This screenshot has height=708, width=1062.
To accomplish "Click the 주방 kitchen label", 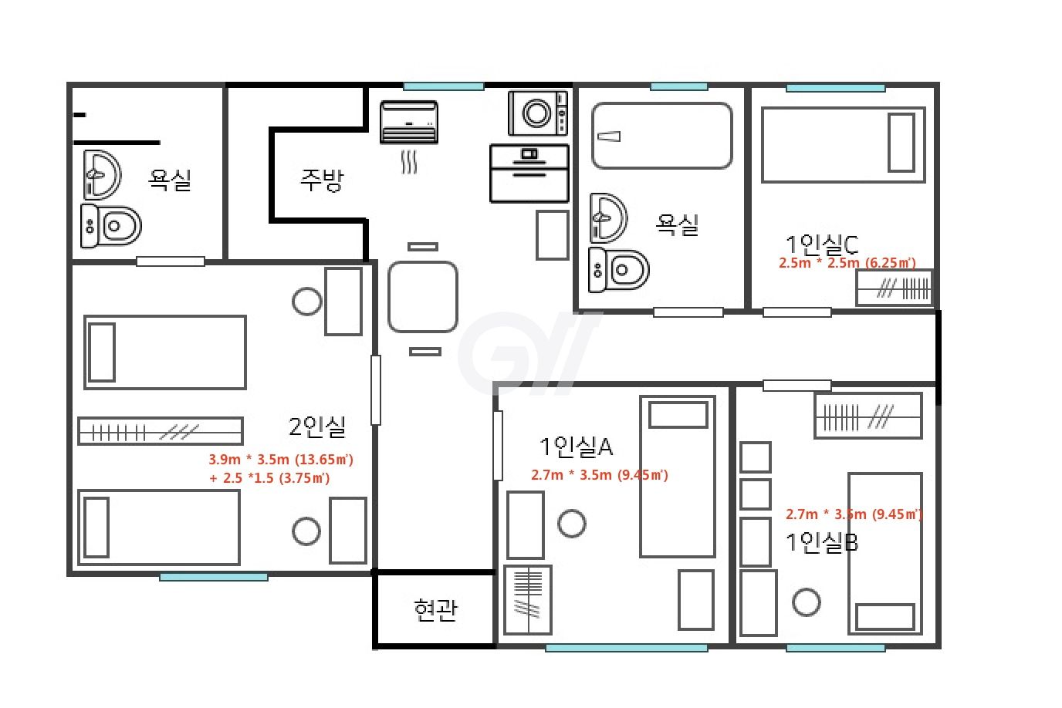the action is [x=321, y=180].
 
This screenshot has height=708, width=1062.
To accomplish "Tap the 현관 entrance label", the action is [x=436, y=610].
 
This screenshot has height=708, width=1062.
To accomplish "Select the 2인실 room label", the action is [x=317, y=426].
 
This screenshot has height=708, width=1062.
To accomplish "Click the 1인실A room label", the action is [x=576, y=447].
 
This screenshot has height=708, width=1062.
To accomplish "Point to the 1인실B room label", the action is [x=822, y=542].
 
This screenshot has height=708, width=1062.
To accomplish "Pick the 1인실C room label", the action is [x=822, y=245].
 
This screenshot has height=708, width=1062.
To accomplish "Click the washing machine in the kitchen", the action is [x=538, y=113].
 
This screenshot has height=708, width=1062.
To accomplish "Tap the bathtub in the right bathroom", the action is [x=662, y=136].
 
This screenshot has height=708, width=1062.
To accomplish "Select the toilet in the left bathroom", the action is [x=111, y=226].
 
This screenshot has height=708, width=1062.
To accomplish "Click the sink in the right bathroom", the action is [x=608, y=218].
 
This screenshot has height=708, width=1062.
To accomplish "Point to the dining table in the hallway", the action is [x=423, y=297].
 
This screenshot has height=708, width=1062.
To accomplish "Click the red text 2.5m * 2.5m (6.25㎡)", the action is [x=847, y=263].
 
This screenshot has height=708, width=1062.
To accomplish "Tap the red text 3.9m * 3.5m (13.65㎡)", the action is [x=281, y=459].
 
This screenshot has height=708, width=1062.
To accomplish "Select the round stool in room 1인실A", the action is [x=572, y=524].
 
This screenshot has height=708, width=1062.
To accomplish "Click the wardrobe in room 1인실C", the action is [x=895, y=288].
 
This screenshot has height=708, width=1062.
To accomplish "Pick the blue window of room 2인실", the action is [x=214, y=577].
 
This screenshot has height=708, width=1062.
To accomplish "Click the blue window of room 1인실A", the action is [x=626, y=648].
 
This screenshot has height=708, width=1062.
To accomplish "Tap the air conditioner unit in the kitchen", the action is [x=409, y=122].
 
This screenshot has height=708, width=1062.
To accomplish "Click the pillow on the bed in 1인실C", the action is [x=901, y=142].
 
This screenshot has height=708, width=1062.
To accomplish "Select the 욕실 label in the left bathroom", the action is [x=169, y=180].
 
